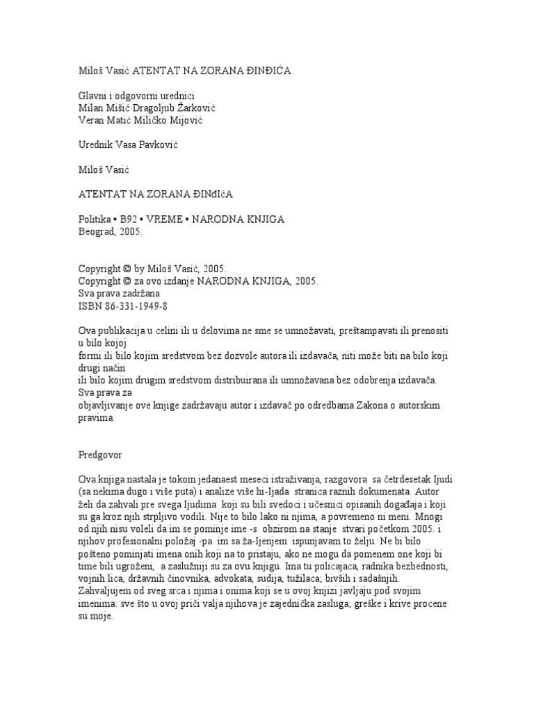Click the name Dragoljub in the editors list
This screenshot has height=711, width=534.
(x=161, y=108)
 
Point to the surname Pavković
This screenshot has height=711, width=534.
(x=163, y=144)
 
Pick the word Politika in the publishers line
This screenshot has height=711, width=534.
(x=96, y=220)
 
